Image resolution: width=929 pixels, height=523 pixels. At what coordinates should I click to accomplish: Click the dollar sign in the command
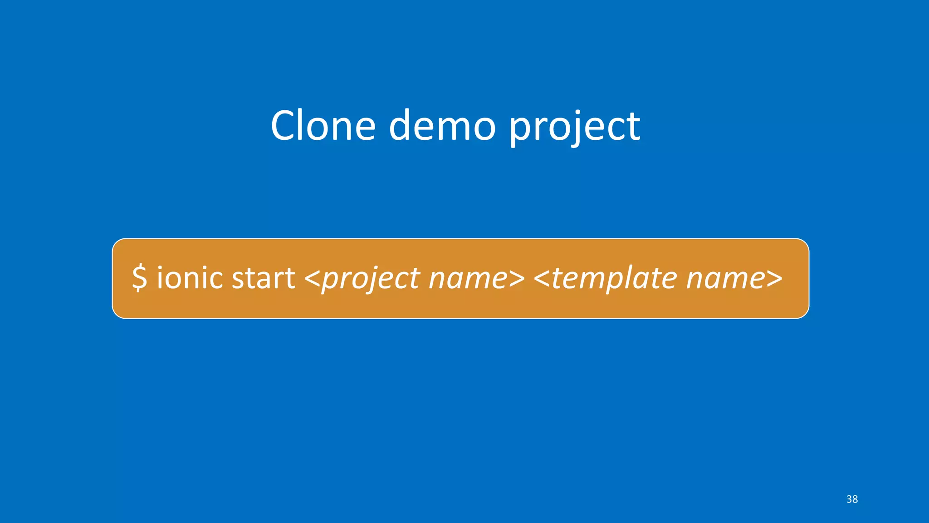(140, 278)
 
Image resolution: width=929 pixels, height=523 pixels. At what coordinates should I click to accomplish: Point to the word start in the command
(263, 278)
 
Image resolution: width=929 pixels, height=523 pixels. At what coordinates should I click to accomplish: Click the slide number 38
(852, 499)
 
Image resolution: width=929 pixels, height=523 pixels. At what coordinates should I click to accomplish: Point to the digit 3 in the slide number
(849, 499)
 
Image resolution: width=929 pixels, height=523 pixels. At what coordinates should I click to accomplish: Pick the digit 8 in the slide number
(855, 499)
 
